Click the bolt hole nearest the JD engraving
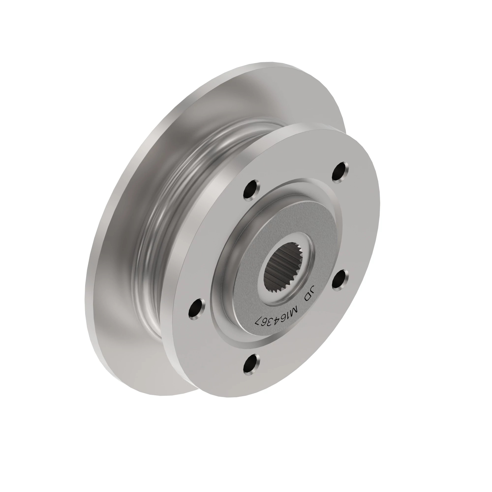[340, 280]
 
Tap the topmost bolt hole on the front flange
[340, 172]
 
